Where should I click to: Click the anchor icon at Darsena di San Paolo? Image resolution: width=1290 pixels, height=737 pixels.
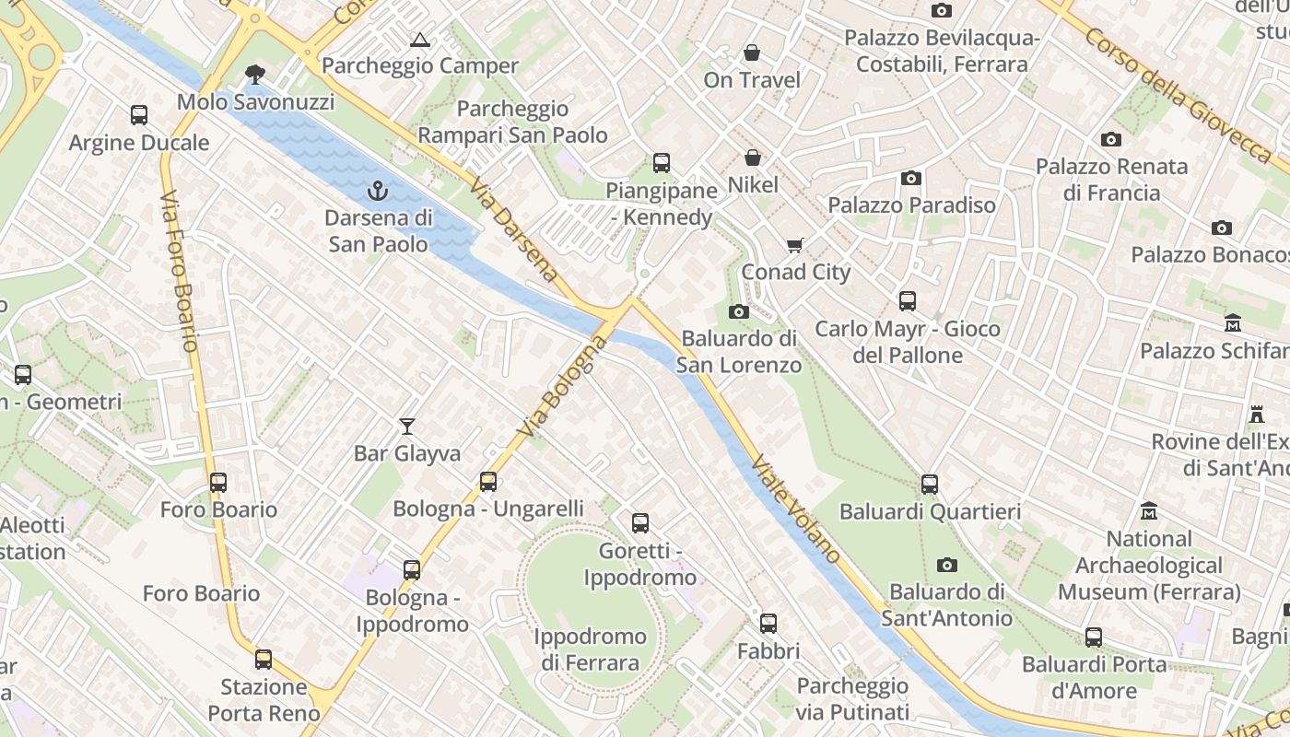point(376,191)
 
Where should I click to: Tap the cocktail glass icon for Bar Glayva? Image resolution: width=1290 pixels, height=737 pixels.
point(407,426)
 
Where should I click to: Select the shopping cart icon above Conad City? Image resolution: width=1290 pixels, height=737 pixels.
point(795,245)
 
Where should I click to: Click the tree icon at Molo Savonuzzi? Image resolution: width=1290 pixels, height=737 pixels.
point(254,74)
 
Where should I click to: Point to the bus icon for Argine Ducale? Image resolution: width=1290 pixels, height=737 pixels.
point(139,115)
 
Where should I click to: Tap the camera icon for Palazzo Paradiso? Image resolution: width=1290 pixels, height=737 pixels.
point(911,178)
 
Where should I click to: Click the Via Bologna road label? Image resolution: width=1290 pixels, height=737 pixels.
point(563,387)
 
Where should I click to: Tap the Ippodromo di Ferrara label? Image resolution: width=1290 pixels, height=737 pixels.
point(590,649)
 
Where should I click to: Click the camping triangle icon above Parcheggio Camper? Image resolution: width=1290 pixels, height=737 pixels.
point(420,40)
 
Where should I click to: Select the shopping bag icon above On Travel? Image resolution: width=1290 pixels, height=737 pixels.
point(752,53)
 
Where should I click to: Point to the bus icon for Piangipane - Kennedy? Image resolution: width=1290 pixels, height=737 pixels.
point(661,163)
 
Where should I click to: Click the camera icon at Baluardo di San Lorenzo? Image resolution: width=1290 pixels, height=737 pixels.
point(738,311)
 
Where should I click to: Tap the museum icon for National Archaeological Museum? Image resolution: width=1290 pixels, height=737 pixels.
point(1149,510)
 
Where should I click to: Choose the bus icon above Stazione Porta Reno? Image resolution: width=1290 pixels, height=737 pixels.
point(264,660)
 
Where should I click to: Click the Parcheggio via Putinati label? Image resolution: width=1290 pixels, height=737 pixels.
point(852,698)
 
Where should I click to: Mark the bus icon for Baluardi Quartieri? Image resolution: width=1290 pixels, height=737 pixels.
point(930,484)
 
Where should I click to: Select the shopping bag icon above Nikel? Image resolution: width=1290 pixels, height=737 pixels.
point(753,158)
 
